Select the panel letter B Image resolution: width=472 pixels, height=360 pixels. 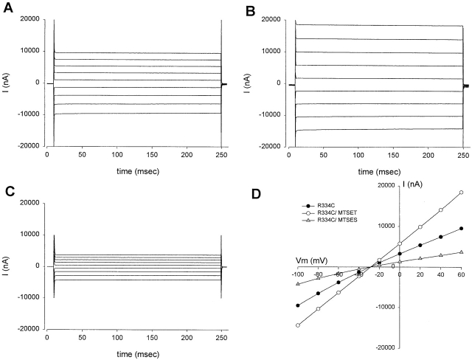click(251, 7)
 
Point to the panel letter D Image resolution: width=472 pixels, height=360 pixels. click(256, 194)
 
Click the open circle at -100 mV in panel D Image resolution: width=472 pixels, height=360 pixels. click(298, 325)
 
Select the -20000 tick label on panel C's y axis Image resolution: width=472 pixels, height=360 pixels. click(29, 329)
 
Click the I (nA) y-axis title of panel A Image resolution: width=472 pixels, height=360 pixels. click(7, 83)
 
